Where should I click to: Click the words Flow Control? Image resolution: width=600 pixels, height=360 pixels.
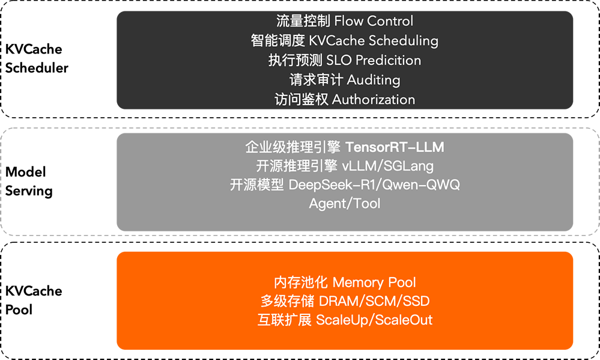tap(374, 21)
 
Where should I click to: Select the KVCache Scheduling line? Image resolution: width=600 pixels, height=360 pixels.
tap(374, 41)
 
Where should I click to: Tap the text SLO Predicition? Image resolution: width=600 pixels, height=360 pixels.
tap(374, 60)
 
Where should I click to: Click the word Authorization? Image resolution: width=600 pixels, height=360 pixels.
tap(374, 99)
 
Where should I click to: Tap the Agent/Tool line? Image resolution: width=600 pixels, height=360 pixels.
tap(345, 204)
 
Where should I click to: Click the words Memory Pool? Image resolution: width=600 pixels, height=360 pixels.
tap(374, 282)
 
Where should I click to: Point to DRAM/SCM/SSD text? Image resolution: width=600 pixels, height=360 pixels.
tap(370, 301)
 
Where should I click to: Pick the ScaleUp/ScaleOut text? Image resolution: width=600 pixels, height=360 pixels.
tap(374, 320)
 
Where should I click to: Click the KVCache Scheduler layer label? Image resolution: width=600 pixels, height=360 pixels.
tap(37, 58)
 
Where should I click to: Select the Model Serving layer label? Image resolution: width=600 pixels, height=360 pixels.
tap(29, 182)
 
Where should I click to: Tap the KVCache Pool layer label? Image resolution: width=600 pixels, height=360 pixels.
tap(34, 301)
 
